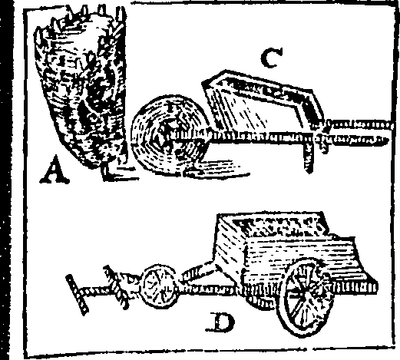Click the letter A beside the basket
coord(55,170)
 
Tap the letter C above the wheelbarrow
coord(272,58)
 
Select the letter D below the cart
coord(220,322)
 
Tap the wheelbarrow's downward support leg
coord(309,156)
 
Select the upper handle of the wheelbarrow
coord(355,125)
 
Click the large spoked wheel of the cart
coord(306,297)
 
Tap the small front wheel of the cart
coord(159,286)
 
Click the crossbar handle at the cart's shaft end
coord(77,294)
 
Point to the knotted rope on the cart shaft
coord(118,286)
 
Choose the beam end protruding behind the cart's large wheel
coord(355,286)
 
